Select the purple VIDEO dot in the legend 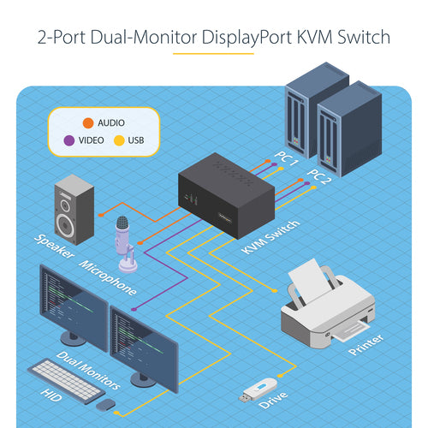[68, 140]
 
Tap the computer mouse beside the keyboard [106, 403]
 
